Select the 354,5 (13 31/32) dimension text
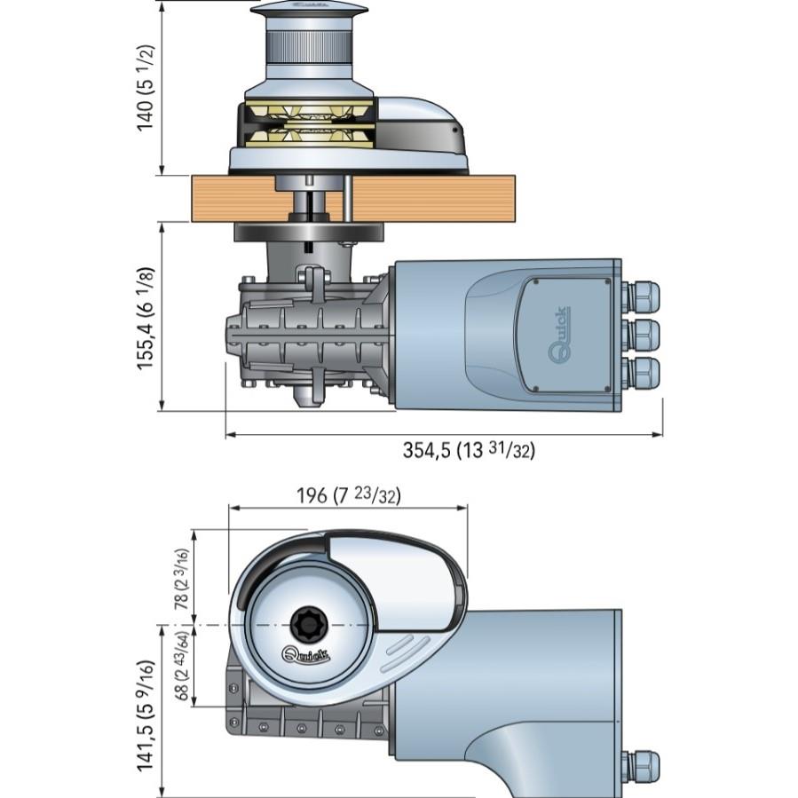click(x=469, y=450)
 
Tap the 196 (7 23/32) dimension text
click(x=348, y=496)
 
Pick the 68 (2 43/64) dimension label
click(x=182, y=667)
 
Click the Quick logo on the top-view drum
click(x=305, y=656)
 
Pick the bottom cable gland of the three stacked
click(x=642, y=373)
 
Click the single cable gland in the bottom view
click(x=642, y=765)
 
